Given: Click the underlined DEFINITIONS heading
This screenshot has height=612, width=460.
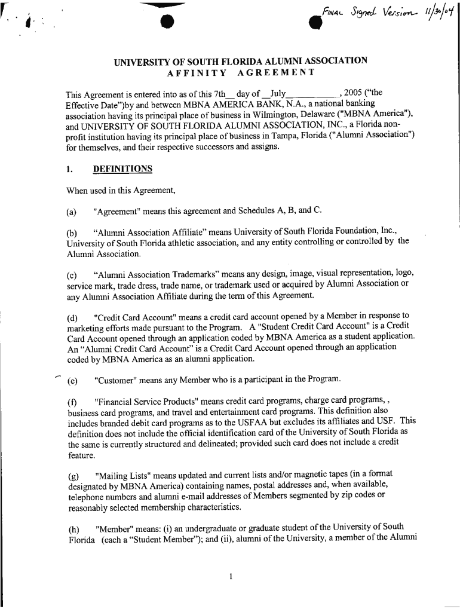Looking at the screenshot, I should [123, 169].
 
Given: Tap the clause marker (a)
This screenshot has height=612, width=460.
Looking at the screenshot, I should [73, 210].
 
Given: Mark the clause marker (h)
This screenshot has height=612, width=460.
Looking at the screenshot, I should [73, 528].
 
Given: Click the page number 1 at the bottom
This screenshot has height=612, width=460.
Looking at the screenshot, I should [230, 577].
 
